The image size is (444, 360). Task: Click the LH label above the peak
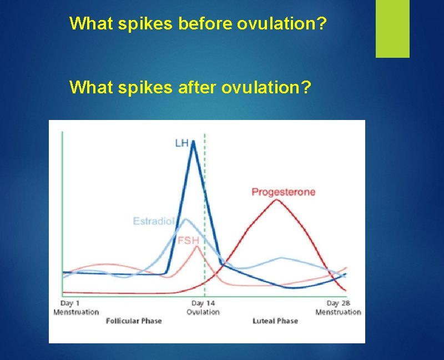click(x=181, y=143)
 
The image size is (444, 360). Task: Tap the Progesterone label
click(x=283, y=192)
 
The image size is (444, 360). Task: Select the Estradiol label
click(x=154, y=221)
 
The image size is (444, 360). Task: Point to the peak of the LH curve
click(x=193, y=142)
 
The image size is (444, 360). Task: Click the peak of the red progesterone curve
click(x=276, y=200)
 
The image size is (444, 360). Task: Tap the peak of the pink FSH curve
click(x=196, y=246)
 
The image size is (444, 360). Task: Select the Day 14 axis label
click(x=203, y=303)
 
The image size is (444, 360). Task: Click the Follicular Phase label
click(x=134, y=321)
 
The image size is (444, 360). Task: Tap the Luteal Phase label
click(x=275, y=321)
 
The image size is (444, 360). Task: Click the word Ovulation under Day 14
click(x=203, y=312)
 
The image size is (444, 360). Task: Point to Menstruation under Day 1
click(x=76, y=312)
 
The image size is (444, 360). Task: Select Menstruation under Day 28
click(x=338, y=312)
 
